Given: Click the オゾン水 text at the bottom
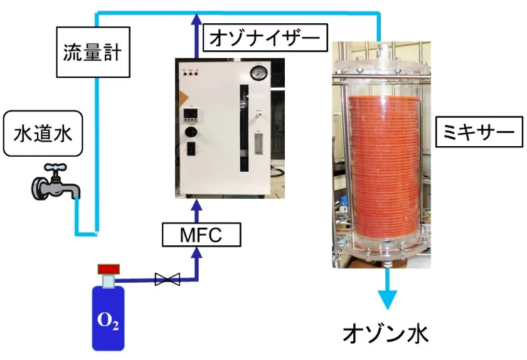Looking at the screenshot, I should coord(386,333).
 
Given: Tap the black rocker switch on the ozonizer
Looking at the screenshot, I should coord(189,150).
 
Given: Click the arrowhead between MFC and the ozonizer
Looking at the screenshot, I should coord(198,204).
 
